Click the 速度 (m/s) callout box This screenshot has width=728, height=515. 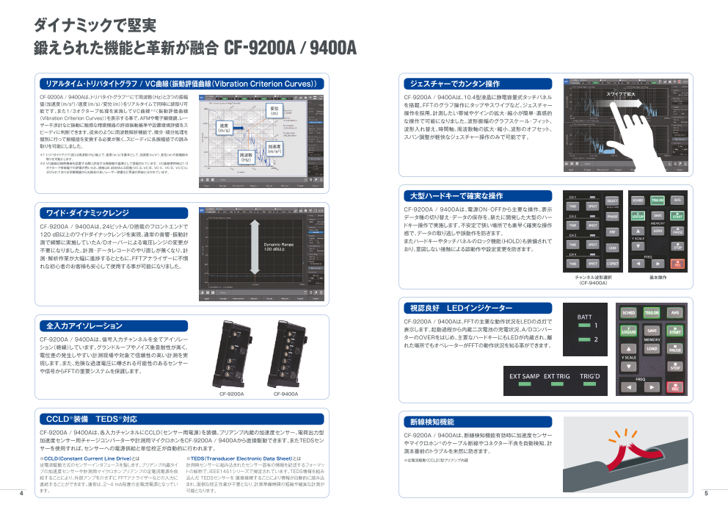pos(225,127)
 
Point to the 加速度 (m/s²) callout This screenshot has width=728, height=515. pos(274,148)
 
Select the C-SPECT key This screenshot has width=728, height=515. pos(612,263)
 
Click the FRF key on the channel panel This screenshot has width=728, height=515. pos(612,231)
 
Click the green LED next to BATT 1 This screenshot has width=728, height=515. pos(584,325)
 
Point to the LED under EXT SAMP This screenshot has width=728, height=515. pos(524,385)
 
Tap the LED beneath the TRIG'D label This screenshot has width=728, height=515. pos(589,385)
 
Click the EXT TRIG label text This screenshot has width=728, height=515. pos(556,376)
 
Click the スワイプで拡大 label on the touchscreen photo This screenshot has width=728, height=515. pos(621,94)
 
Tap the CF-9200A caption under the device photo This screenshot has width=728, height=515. pos(232,394)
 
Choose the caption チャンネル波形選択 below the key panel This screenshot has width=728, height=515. pos(592,278)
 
